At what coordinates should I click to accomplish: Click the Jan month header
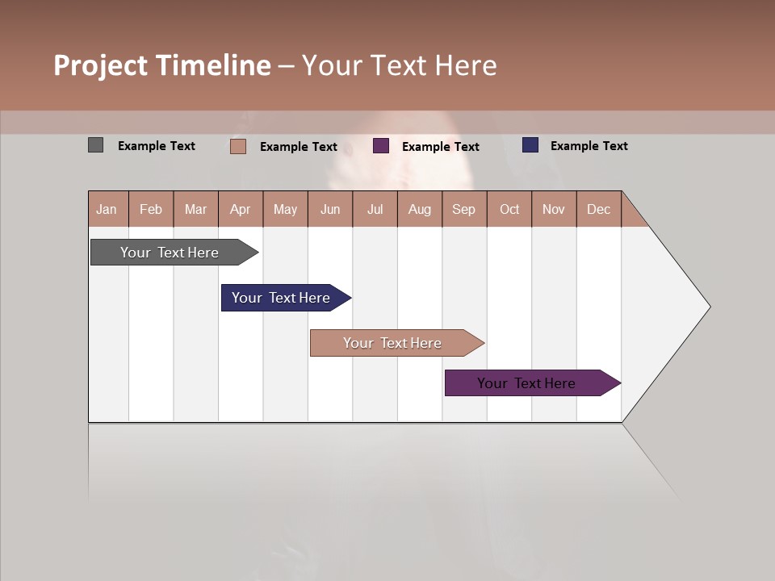click(x=107, y=209)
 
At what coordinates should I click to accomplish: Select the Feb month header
click(x=151, y=209)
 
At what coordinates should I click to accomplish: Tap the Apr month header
click(x=240, y=209)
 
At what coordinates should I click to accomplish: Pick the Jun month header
click(x=330, y=209)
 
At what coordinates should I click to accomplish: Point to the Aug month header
click(x=419, y=209)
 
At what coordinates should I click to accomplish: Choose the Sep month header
click(x=463, y=209)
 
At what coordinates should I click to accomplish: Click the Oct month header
click(x=509, y=209)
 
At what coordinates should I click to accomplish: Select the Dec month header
click(x=598, y=209)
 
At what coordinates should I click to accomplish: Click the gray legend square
click(x=95, y=145)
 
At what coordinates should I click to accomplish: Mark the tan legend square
click(x=237, y=146)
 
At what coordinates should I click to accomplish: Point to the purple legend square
click(x=381, y=146)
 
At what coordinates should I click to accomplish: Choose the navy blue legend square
click(x=530, y=145)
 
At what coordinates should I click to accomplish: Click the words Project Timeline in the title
click(x=162, y=65)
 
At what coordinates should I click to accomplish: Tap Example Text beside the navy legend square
click(x=589, y=146)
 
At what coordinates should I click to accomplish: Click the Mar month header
click(x=195, y=209)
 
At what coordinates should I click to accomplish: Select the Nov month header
click(x=553, y=209)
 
